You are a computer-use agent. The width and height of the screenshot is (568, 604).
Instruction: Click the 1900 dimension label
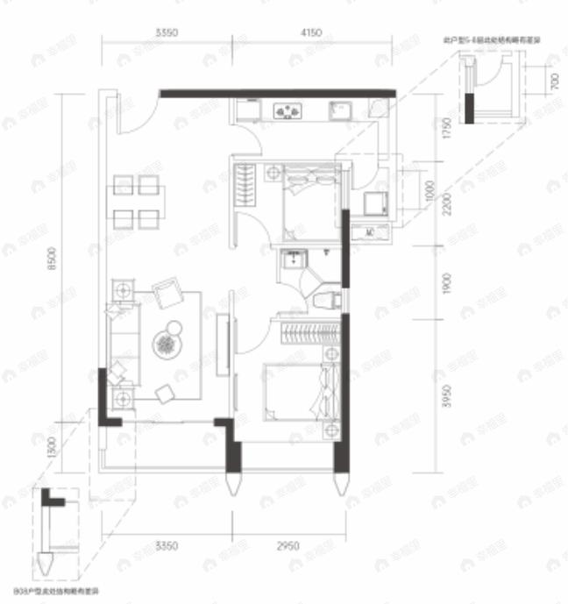tap(447, 285)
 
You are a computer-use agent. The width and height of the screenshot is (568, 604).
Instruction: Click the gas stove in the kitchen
tap(288, 111)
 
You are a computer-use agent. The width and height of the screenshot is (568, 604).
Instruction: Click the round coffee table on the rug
tap(166, 345)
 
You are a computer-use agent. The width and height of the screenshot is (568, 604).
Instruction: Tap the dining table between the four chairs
tap(137, 203)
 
